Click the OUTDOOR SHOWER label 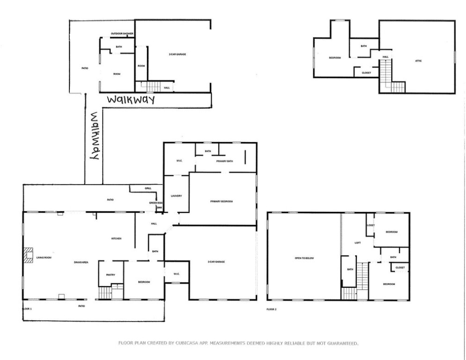[x=122, y=34]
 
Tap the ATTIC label [x=418, y=60]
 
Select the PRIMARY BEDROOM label [x=222, y=201]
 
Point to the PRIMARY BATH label [x=224, y=161]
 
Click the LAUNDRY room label [x=176, y=195]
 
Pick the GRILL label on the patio [x=148, y=188]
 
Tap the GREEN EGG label [x=155, y=202]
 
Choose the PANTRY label [x=111, y=275]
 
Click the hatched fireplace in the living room [x=28, y=255]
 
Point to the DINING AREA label [x=81, y=262]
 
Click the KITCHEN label [x=116, y=239]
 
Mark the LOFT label [x=357, y=242]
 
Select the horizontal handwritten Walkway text [x=131, y=100]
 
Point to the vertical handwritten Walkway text [x=94, y=136]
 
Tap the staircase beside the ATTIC [x=386, y=75]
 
